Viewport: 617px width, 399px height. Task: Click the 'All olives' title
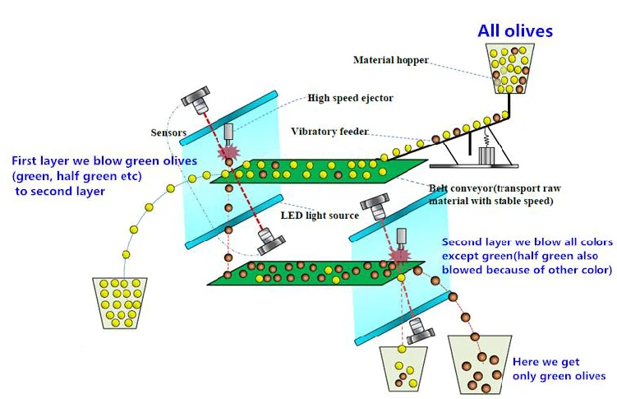click(x=515, y=31)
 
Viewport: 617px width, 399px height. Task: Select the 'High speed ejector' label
click(x=350, y=98)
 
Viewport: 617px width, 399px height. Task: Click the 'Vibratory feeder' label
click(x=329, y=132)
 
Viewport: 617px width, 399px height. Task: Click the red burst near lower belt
click(x=400, y=256)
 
